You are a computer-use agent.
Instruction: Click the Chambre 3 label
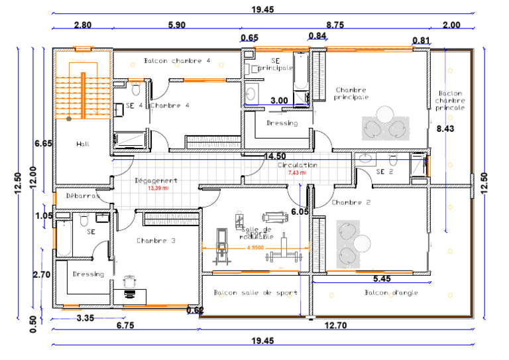coord(156,241)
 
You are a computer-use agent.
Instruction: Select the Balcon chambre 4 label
coord(176,60)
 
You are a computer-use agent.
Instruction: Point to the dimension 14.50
coord(274,156)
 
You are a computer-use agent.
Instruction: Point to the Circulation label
coord(297,165)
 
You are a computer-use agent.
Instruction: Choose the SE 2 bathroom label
coord(384,171)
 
